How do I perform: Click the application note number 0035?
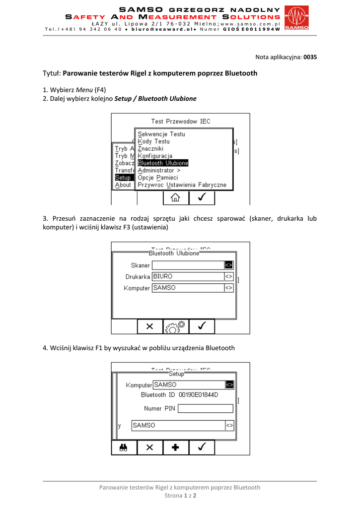tap(310, 57)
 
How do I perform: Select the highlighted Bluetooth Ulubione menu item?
tap(163, 163)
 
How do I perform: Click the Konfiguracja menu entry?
tap(155, 156)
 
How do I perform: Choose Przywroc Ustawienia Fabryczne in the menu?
tap(182, 185)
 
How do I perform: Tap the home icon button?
tap(175, 197)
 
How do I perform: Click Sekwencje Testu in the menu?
tap(161, 134)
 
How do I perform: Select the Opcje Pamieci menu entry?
tap(157, 178)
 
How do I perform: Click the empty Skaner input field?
tap(188, 265)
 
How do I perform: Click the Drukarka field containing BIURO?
tap(188, 277)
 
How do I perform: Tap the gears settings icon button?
tap(175, 326)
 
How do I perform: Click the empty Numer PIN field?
tap(205, 409)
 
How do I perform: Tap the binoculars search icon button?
tap(124, 447)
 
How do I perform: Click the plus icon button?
tap(175, 447)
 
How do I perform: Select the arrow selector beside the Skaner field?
tap(228, 265)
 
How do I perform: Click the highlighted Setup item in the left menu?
tap(123, 178)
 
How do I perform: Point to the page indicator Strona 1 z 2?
tap(180, 496)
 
